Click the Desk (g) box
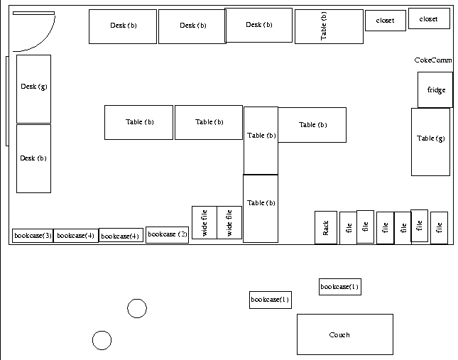pos(33,89)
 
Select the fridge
pos(435,90)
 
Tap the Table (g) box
pos(430,141)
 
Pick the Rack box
pos(326,228)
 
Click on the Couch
pos(344,334)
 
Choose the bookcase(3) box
pos(33,235)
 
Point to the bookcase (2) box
pos(168,234)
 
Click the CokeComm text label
pos(432,60)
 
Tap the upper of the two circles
pos(137,308)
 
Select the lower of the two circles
pos(102,340)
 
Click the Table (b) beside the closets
pos(328,26)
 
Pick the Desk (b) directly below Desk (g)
pos(33,158)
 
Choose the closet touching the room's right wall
pos(429,18)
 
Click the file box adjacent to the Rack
pos(348,228)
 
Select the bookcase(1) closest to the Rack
pos(340,287)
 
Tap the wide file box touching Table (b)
pos(229,222)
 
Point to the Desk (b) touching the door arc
pos(122,26)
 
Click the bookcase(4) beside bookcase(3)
pos(76,235)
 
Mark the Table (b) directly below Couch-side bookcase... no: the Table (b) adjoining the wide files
pos(260,208)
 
